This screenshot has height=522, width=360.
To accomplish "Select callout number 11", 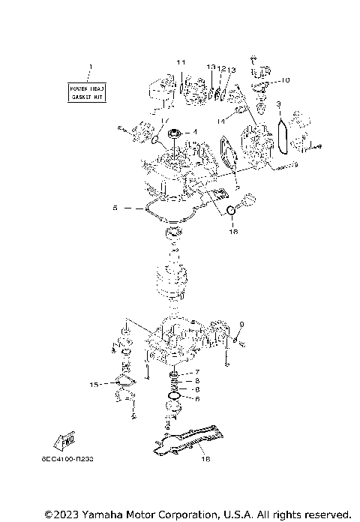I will click(x=180, y=61).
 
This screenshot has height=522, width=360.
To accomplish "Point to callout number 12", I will click(x=221, y=68).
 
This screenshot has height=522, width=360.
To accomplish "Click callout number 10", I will click(x=286, y=79).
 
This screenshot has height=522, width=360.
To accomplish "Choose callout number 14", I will click(x=220, y=119).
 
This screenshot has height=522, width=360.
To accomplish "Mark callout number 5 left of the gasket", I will click(x=115, y=207).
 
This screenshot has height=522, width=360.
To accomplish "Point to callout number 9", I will click(x=242, y=325).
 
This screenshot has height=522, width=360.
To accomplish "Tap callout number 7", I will click(x=197, y=373).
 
